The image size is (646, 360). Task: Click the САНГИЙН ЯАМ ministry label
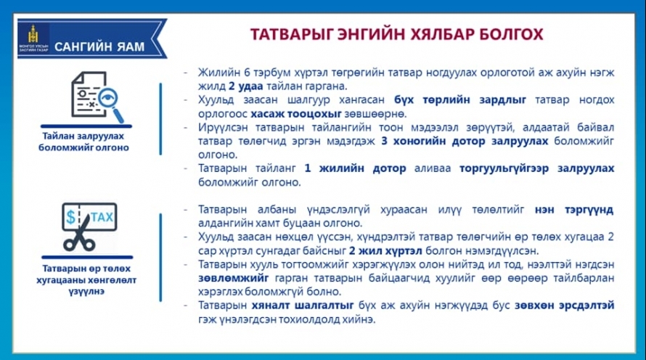pyautogui.click(x=99, y=47)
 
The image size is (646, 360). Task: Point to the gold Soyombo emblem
pyautogui.click(x=33, y=34)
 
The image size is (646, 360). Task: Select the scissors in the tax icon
pyautogui.click(x=79, y=233)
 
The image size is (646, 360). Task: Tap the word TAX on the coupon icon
pyautogui.click(x=102, y=217)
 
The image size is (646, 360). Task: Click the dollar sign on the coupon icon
pyautogui.click(x=71, y=217)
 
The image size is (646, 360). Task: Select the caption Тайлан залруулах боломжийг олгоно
pyautogui.click(x=83, y=142)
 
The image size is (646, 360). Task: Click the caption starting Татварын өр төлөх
pyautogui.click(x=86, y=279)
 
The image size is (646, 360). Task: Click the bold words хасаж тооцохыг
pyautogui.click(x=296, y=113)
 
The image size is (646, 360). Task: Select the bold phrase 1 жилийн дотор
pyautogui.click(x=355, y=168)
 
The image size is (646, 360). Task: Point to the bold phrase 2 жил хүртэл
pyautogui.click(x=385, y=250)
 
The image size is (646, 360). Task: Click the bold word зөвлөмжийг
pyautogui.click(x=233, y=278)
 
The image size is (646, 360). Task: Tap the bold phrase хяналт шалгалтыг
pyautogui.click(x=303, y=306)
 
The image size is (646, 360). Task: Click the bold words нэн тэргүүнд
pyautogui.click(x=574, y=210)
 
